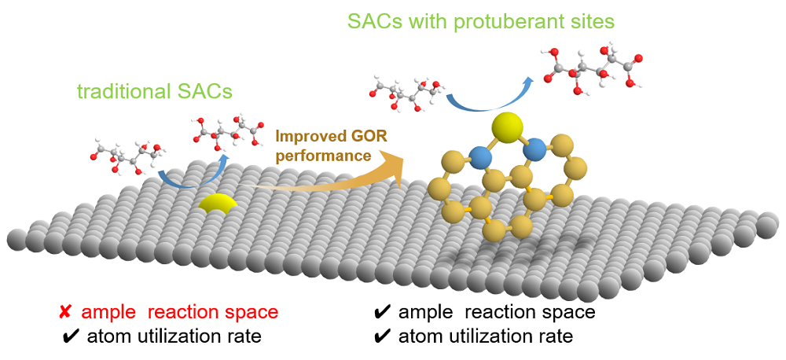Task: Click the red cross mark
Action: click(x=66, y=312)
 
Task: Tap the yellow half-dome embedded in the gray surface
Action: click(x=216, y=204)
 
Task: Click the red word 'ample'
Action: click(x=104, y=312)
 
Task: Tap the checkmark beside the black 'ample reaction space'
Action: click(x=384, y=312)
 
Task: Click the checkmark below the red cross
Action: click(x=69, y=336)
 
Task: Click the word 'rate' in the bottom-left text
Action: click(x=243, y=336)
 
